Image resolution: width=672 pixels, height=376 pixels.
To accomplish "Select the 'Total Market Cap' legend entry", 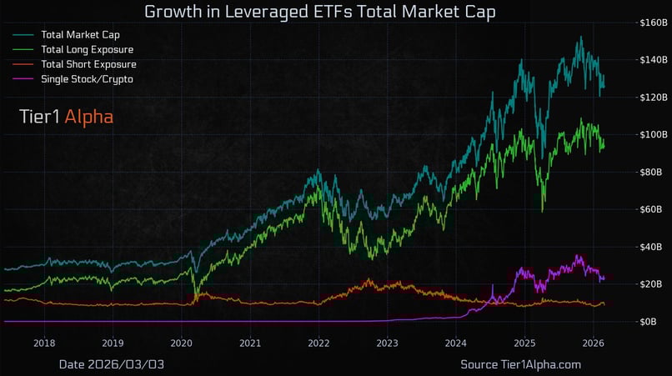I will [x=79, y=35].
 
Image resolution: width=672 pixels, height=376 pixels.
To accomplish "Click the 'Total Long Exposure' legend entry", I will [x=87, y=49].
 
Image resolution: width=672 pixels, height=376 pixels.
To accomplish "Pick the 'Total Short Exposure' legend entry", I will [x=88, y=64].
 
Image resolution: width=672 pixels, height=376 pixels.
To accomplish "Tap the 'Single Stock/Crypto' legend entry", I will [x=86, y=78].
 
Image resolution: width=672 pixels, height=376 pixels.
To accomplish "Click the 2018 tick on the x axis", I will [x=44, y=343].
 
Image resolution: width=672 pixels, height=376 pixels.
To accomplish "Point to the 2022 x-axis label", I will [x=318, y=343].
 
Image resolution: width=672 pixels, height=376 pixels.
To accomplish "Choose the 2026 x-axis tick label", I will [x=593, y=343].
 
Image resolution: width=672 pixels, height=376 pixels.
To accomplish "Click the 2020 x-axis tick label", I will [x=182, y=343].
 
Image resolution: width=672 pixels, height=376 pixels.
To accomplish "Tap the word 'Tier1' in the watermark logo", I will [x=39, y=118].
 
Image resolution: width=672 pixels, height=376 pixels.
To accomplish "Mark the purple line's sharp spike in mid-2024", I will [x=493, y=286].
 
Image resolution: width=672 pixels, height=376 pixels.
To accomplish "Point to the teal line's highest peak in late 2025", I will [x=579, y=37].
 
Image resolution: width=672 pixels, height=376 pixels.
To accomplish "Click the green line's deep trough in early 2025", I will [x=543, y=211].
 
